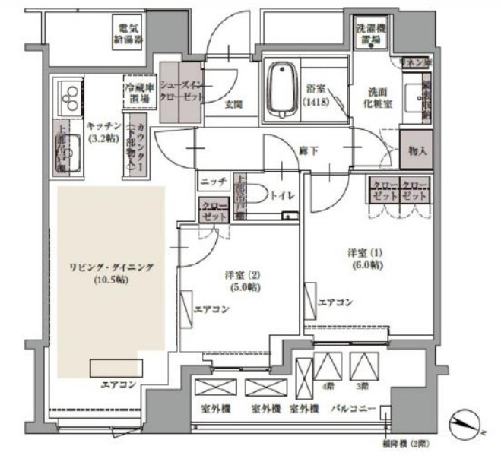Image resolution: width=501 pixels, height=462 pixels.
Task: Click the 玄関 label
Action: (x=233, y=106)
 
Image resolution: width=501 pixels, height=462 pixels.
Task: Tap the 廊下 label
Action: (x=308, y=150)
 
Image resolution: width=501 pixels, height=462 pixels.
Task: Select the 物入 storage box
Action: (x=416, y=150)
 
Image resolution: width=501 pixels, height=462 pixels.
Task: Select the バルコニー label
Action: (x=354, y=410)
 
